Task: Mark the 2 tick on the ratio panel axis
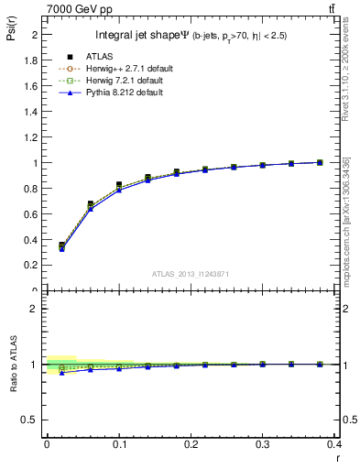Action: tap(35, 309)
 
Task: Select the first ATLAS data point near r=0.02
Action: tap(61, 245)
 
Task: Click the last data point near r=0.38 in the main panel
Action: tap(320, 162)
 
